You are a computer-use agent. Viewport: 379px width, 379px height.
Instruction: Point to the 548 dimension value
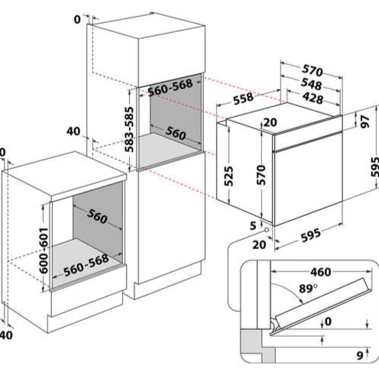click(309, 85)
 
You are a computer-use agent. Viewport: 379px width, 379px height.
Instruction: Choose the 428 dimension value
click(309, 99)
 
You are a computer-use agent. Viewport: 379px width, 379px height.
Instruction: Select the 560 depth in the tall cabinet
click(175, 134)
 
